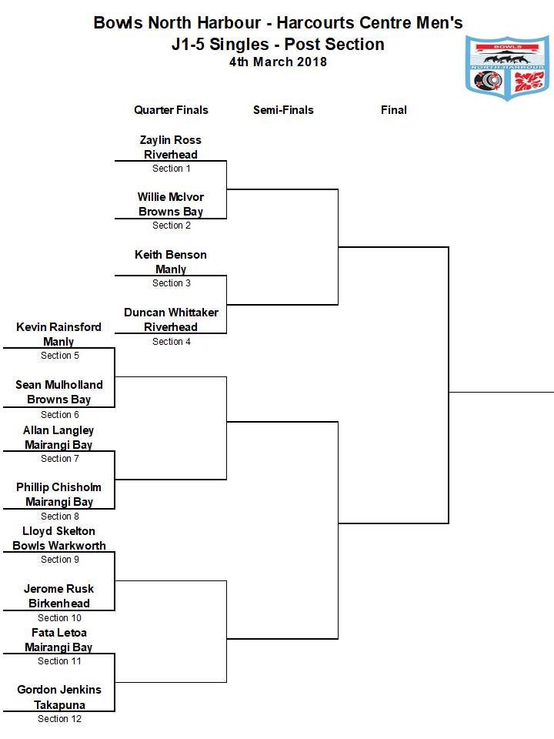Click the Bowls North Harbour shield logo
click(507, 68)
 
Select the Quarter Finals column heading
click(171, 110)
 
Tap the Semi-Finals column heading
click(283, 110)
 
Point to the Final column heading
click(394, 110)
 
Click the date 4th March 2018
click(278, 62)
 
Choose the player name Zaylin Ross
click(171, 140)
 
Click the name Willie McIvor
click(171, 197)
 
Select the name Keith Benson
click(171, 255)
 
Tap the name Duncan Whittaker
click(171, 313)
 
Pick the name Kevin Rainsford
click(59, 327)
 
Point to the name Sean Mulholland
click(59, 385)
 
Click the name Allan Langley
click(58, 430)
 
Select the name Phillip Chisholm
click(59, 487)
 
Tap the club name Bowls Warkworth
click(59, 546)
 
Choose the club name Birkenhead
click(59, 604)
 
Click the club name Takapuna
click(59, 705)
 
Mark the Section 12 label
click(59, 719)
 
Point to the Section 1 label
click(172, 169)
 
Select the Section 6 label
click(60, 415)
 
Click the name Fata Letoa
click(59, 633)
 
